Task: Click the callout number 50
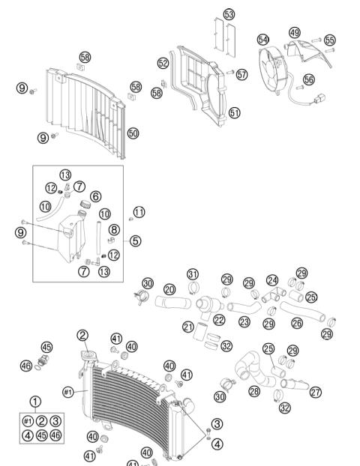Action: (133, 133)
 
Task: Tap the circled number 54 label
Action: (262, 38)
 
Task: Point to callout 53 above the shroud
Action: (229, 14)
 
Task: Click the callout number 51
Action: (235, 113)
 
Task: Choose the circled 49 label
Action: (294, 33)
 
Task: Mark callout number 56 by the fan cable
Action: (309, 78)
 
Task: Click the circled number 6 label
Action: (95, 196)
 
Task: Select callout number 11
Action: (139, 211)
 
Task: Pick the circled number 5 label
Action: (135, 241)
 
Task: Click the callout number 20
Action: (169, 289)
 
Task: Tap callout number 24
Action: (272, 279)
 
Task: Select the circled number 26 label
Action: (297, 323)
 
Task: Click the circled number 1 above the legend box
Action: (35, 401)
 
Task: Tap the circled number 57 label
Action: (241, 74)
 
